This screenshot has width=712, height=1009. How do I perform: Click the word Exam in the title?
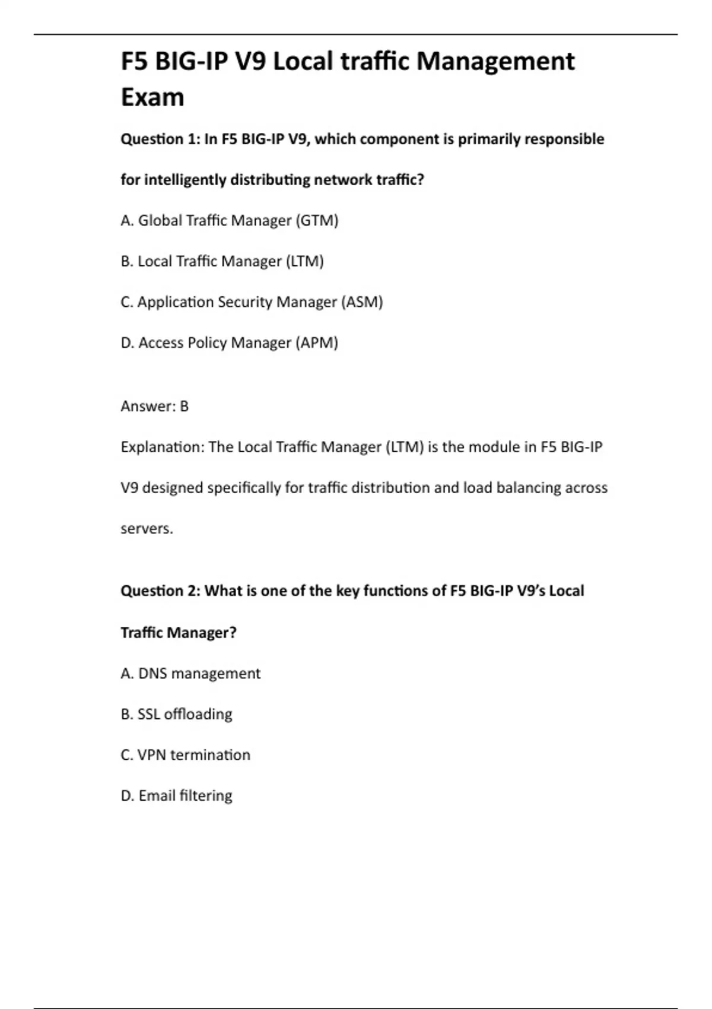click(152, 97)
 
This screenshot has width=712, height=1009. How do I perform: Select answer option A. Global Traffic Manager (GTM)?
click(229, 221)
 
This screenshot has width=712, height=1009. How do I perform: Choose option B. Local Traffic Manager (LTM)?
click(222, 262)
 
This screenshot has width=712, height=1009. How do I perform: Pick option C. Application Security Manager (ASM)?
click(252, 302)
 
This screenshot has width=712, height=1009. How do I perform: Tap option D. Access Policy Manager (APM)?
click(229, 343)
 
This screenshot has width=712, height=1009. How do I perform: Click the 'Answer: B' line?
click(154, 407)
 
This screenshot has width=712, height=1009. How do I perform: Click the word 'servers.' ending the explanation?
click(147, 528)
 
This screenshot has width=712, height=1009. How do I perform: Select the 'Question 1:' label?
click(160, 139)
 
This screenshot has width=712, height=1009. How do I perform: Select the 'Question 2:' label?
click(160, 591)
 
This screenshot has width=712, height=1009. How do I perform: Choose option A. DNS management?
click(190, 674)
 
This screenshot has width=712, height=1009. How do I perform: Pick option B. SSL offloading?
click(176, 714)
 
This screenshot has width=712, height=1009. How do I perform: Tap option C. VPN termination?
click(185, 755)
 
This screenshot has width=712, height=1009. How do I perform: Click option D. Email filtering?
click(176, 796)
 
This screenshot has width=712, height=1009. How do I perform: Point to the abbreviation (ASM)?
click(362, 302)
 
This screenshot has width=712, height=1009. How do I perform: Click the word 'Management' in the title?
click(495, 61)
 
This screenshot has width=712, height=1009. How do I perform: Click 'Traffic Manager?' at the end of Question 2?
click(178, 633)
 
